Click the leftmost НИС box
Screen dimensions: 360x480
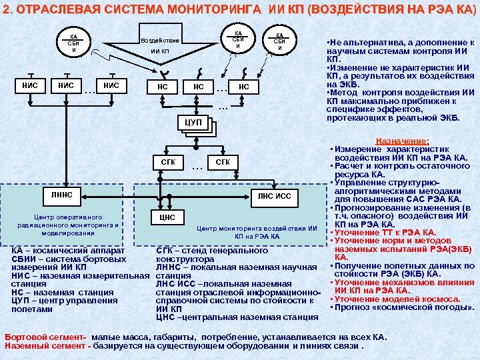[29, 85]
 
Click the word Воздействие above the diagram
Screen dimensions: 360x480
[160, 41]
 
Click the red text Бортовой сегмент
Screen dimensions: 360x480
[46, 337]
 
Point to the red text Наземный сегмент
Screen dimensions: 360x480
[46, 346]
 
